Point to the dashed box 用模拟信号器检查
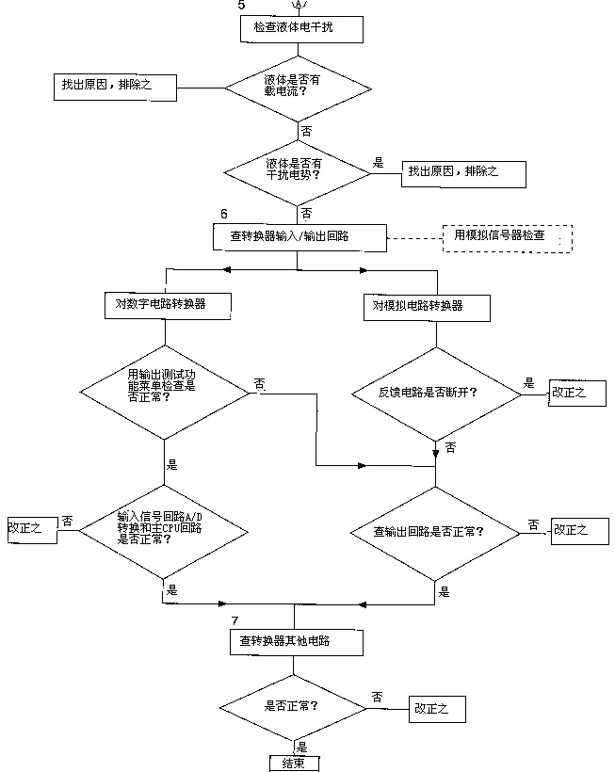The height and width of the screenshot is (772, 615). point(507,236)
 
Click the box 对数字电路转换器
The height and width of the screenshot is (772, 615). point(166,305)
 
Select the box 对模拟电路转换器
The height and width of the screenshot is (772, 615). point(427,305)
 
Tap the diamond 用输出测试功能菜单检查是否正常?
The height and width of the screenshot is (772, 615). point(165,385)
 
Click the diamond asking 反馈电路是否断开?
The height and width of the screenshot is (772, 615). point(435,391)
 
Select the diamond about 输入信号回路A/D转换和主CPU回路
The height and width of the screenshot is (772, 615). point(165,530)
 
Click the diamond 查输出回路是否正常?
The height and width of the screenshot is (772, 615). point(434,532)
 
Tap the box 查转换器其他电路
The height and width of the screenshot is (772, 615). point(295,641)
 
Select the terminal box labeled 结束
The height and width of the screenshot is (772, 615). point(294,764)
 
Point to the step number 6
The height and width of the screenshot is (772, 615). point(223,216)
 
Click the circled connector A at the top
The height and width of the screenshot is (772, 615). point(299,6)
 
